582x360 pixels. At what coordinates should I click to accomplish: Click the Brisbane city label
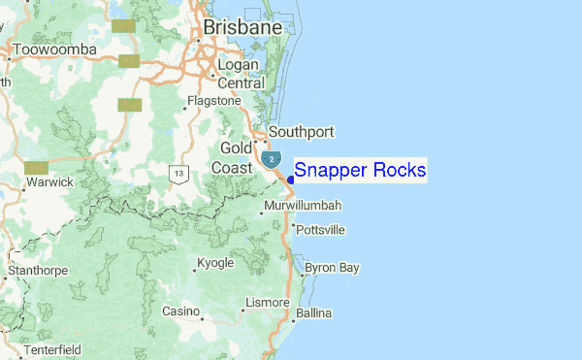click(x=242, y=29)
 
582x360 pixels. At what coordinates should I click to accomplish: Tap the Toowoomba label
click(x=56, y=49)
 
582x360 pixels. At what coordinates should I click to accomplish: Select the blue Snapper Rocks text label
click(x=360, y=171)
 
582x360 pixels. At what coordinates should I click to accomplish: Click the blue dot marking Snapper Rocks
click(x=291, y=178)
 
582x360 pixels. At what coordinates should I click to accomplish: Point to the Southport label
click(x=301, y=131)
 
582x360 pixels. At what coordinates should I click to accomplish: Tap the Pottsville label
click(x=319, y=230)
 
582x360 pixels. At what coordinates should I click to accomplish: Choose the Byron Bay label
click(x=332, y=267)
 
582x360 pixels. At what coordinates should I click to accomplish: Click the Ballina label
click(x=314, y=313)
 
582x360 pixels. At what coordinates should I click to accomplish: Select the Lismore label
click(x=268, y=303)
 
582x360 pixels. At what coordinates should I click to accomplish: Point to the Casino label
click(x=179, y=311)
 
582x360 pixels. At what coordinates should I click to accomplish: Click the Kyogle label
click(x=214, y=263)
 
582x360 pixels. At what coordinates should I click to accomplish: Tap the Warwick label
click(x=50, y=181)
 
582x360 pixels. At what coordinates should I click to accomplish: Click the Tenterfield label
click(x=52, y=348)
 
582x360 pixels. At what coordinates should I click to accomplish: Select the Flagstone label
click(x=213, y=100)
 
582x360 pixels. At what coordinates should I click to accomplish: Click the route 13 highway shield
click(x=178, y=174)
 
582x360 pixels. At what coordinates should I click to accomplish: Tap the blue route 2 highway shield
click(x=272, y=158)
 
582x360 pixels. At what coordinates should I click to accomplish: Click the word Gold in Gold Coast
click(x=236, y=147)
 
